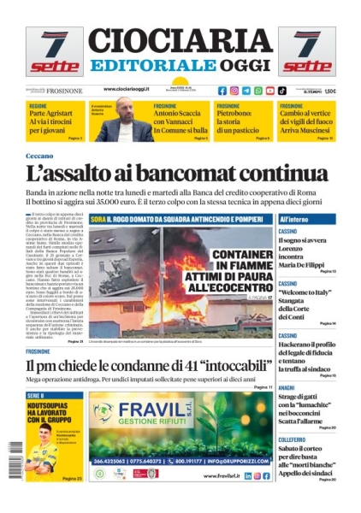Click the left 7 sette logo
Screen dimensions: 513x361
(x=53, y=52)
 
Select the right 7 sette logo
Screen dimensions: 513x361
(x=306, y=52)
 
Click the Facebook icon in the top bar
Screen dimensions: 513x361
(x=222, y=91)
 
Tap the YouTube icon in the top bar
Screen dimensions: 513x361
(x=270, y=91)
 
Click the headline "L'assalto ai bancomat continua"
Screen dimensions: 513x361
(x=176, y=174)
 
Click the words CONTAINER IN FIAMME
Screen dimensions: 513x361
(x=232, y=261)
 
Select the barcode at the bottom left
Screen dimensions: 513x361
(x=13, y=462)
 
